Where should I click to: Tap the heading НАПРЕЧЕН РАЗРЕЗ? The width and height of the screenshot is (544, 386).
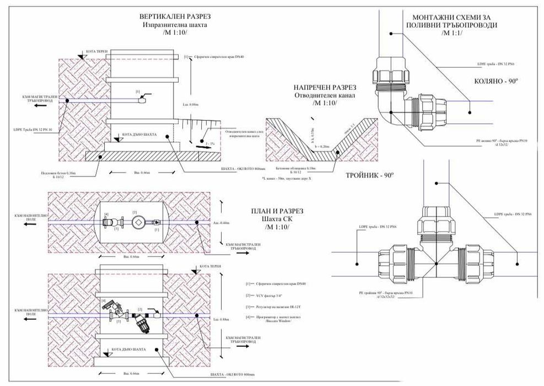(324, 87)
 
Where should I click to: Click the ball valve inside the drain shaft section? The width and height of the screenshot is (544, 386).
(145, 99)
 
